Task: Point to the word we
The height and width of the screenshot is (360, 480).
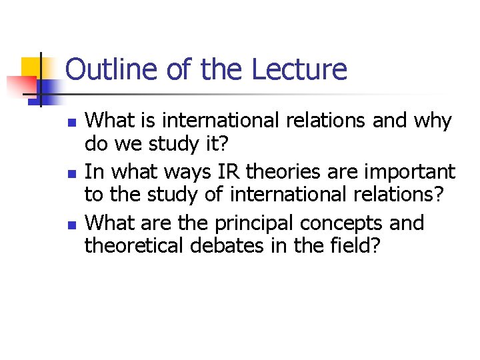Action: click(129, 145)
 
